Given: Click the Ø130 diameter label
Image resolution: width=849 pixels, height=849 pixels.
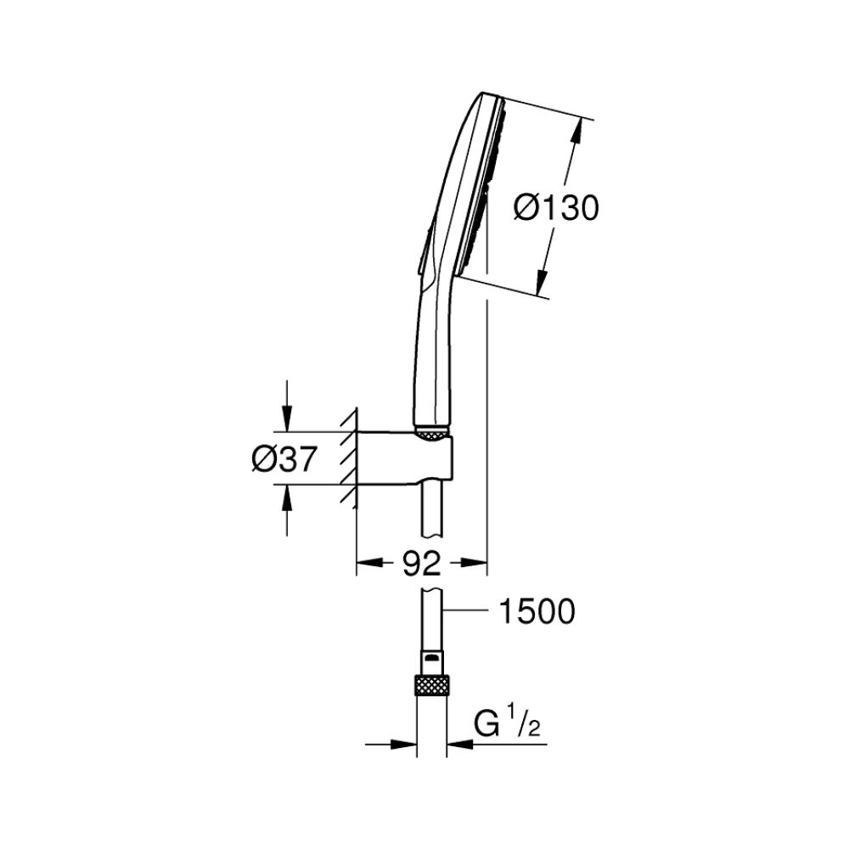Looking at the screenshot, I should click(x=556, y=207).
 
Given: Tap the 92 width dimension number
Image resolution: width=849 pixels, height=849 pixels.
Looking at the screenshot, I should click(x=421, y=563).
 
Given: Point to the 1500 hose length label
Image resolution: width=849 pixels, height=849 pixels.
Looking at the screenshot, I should click(x=537, y=610).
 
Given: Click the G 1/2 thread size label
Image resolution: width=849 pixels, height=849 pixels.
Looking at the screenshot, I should click(x=508, y=726).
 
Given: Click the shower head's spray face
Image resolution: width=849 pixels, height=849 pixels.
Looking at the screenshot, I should click(x=475, y=183).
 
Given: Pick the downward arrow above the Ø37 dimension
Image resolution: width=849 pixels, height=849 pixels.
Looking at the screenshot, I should click(x=287, y=419).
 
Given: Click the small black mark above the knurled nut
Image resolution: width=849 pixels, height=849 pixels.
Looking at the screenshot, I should click(x=432, y=658).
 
